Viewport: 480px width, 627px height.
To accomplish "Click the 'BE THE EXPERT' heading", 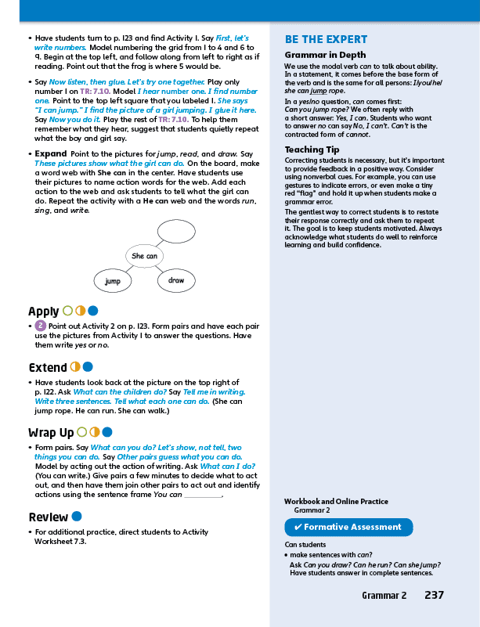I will [x=326, y=39].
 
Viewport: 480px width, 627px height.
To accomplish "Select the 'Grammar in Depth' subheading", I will [x=325, y=56].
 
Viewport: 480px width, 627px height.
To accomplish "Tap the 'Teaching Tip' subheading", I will [x=312, y=150].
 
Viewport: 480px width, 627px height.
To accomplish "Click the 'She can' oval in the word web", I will [x=144, y=256].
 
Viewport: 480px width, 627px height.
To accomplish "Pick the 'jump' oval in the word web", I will [x=113, y=280].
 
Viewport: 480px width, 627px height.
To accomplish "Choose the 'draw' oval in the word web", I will [x=176, y=280].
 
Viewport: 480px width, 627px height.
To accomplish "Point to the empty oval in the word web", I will [x=181, y=230].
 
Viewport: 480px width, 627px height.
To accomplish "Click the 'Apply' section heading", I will [x=44, y=311].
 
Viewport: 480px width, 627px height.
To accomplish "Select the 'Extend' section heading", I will [x=48, y=367].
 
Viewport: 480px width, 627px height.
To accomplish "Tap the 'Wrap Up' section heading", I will [x=51, y=432].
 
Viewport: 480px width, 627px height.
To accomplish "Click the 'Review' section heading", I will [x=48, y=517].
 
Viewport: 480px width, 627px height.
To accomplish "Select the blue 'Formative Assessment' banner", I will [x=348, y=527].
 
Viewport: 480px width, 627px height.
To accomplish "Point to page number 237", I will [x=434, y=595].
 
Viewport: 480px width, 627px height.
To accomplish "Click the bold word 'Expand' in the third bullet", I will [x=51, y=153].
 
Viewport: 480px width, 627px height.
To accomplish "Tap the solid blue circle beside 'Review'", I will [x=77, y=517].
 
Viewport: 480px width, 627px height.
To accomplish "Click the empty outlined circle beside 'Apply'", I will [x=67, y=311].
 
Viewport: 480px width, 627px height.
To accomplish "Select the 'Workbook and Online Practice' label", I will [x=336, y=502].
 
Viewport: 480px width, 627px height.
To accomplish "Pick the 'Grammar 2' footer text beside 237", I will [x=384, y=596].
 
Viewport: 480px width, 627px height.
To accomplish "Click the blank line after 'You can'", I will [x=204, y=495].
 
